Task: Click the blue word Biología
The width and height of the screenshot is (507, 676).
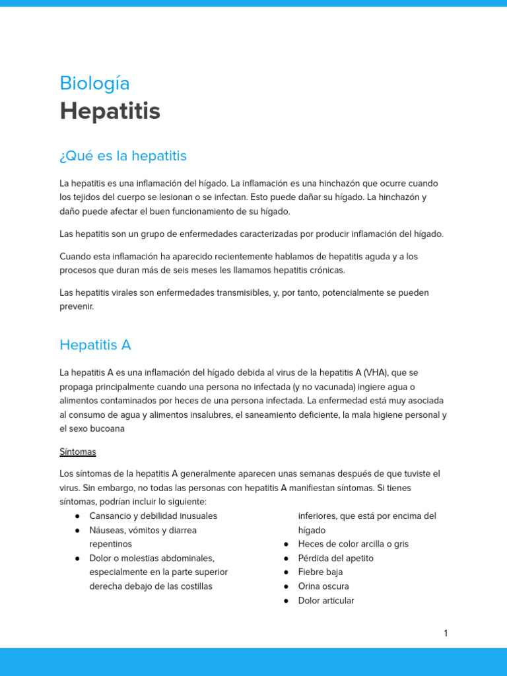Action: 94,84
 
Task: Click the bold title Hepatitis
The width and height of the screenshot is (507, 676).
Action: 110,112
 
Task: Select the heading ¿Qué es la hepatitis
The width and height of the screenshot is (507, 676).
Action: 123,156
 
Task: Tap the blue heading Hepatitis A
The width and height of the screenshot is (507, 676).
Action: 95,345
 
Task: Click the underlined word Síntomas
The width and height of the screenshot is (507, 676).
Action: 78,452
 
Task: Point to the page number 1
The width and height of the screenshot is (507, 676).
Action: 446,633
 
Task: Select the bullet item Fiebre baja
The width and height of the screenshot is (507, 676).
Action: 320,572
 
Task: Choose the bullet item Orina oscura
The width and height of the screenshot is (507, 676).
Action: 323,586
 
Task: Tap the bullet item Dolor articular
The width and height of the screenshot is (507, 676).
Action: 326,601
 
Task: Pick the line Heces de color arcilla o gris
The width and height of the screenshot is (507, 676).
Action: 353,544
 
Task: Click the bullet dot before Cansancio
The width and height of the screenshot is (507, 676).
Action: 78,516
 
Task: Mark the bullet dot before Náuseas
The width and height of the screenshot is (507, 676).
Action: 78,530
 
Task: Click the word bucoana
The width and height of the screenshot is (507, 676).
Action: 106,428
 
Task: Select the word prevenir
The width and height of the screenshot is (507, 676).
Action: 77,306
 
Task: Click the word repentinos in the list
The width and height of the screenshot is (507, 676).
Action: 110,544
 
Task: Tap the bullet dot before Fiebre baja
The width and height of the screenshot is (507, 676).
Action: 287,572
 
